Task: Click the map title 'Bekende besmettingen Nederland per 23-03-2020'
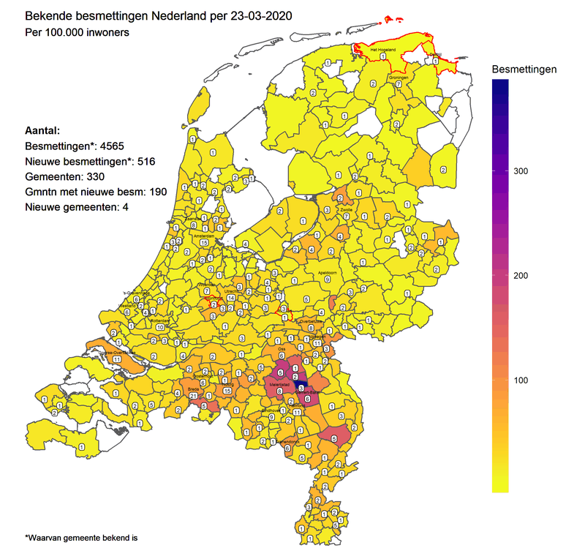(x=153, y=15)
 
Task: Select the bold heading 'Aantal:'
(x=43, y=129)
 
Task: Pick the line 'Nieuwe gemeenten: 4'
(x=78, y=207)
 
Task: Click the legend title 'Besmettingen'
(x=524, y=69)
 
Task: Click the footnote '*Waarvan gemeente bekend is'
(x=81, y=538)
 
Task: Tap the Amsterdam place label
(x=204, y=236)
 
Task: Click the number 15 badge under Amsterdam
(x=204, y=243)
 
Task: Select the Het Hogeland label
(x=382, y=50)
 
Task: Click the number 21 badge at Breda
(x=194, y=396)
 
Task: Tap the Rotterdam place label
(x=160, y=321)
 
